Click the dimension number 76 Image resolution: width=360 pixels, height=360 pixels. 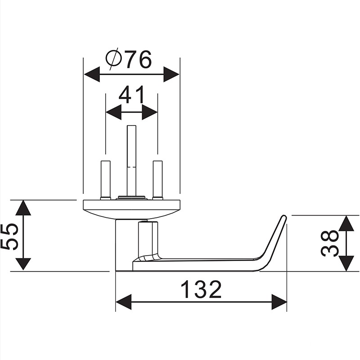pyautogui.click(x=139, y=59)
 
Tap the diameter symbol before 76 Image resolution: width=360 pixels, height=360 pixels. pyautogui.click(x=114, y=59)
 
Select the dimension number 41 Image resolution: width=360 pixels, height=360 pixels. pyautogui.click(x=131, y=94)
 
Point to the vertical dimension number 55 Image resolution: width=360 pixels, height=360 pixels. pyautogui.click(x=9, y=237)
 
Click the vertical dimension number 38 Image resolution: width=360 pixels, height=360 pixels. pyautogui.click(x=330, y=243)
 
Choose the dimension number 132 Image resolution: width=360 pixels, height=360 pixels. pyautogui.click(x=201, y=289)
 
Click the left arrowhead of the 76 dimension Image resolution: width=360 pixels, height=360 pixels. pyautogui.click(x=92, y=74)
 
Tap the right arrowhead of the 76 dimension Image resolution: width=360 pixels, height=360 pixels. pyautogui.click(x=171, y=74)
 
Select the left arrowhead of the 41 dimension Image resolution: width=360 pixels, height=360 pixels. pyautogui.click(x=113, y=112)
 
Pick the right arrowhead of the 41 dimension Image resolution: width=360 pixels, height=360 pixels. pyautogui.click(x=150, y=112)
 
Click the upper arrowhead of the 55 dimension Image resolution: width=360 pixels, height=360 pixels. pyautogui.click(x=23, y=207)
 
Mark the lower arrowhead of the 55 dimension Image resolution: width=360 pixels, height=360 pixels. pyautogui.click(x=23, y=264)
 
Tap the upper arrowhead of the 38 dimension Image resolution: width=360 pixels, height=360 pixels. pyautogui.click(x=346, y=223)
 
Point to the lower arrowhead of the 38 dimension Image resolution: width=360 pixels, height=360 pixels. pyautogui.click(x=346, y=263)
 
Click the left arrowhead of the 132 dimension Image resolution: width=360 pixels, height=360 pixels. pyautogui.click(x=123, y=302)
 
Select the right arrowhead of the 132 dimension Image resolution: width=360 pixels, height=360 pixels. pyautogui.click(x=279, y=302)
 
